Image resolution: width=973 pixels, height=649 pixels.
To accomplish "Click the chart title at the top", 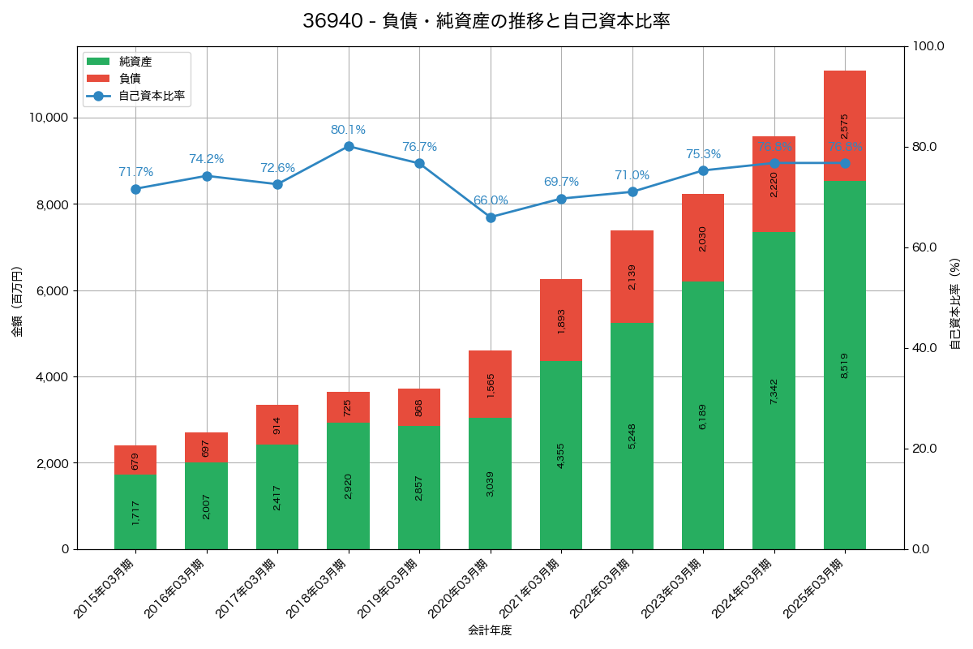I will click(486, 21).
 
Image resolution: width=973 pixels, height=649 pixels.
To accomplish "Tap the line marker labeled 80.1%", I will click(349, 146).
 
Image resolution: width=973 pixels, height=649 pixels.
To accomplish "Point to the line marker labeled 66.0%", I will click(491, 217).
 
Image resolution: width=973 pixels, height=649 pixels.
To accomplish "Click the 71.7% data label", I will click(135, 172).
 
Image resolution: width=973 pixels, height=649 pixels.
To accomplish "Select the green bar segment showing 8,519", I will click(845, 365).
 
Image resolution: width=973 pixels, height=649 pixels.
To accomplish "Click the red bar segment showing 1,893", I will click(561, 320).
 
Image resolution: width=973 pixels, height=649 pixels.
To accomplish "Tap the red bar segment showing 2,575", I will click(845, 126).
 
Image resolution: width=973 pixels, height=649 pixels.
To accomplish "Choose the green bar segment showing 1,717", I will click(135, 512).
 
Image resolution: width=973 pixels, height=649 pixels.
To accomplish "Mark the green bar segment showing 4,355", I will click(561, 455).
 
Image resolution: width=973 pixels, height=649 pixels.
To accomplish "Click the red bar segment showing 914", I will click(277, 424).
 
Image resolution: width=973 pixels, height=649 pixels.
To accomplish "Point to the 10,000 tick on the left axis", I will click(49, 118).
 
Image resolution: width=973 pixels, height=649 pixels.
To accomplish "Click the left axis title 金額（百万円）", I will click(17, 302).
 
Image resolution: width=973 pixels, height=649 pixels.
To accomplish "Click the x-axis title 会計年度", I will click(490, 630).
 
